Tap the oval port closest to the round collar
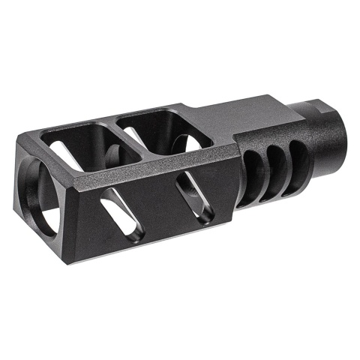[x=298, y=153]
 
